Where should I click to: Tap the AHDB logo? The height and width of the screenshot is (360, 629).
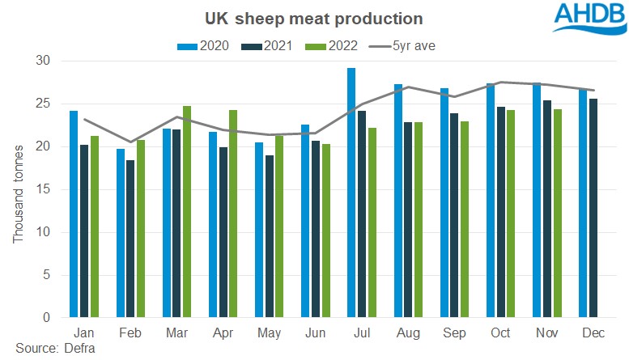point(587,19)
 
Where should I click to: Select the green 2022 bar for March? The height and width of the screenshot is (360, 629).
point(186,211)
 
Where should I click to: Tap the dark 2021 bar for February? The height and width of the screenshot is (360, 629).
point(130,239)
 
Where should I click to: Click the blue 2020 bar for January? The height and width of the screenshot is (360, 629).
point(74,214)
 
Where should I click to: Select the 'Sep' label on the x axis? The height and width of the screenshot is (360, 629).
point(454,332)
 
